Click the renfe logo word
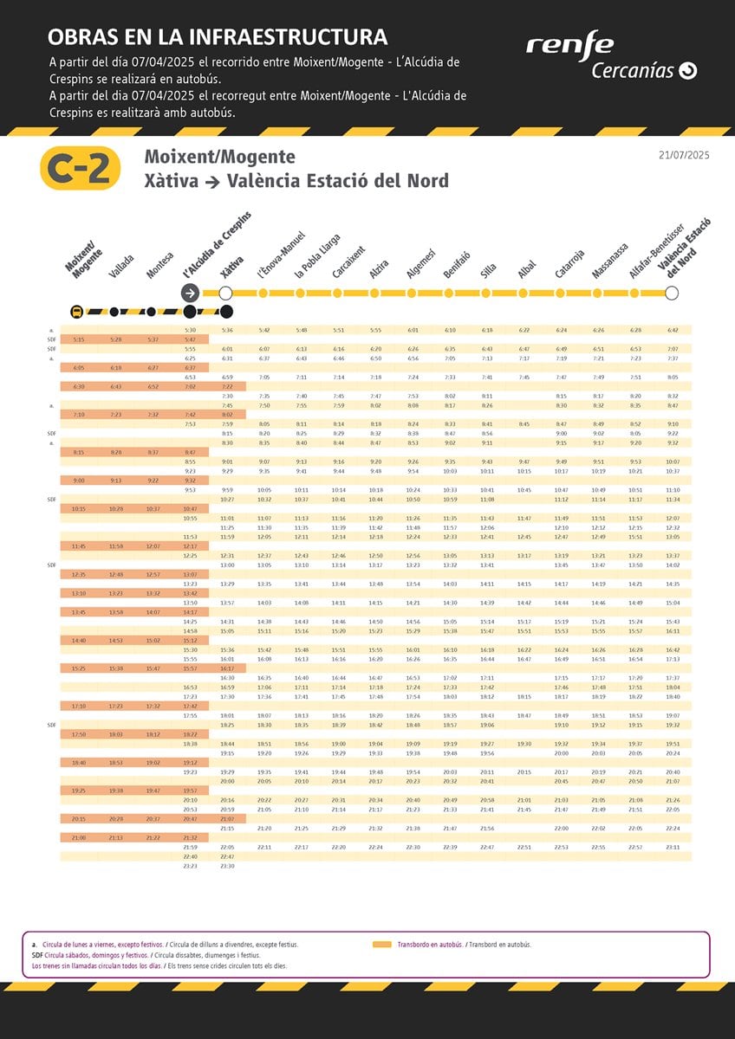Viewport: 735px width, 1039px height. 569,44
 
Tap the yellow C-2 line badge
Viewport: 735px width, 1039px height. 80,169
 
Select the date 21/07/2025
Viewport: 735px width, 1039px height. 684,155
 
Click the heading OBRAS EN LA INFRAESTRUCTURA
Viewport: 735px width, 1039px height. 218,37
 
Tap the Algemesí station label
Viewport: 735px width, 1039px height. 420,263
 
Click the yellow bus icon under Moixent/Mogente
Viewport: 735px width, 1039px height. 77,312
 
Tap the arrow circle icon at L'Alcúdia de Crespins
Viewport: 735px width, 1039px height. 190,294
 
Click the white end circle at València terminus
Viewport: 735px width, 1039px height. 671,294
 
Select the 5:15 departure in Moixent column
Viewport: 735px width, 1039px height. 79,339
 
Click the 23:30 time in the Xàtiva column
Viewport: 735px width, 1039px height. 227,865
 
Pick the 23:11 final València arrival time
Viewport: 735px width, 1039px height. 673,847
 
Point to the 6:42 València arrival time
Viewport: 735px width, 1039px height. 673,330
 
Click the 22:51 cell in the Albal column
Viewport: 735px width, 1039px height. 524,847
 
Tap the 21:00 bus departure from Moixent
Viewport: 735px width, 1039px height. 79,837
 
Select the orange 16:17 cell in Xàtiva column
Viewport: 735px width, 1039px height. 227,668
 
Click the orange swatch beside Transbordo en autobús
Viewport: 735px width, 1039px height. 382,945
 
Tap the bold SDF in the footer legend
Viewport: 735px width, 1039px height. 37,955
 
